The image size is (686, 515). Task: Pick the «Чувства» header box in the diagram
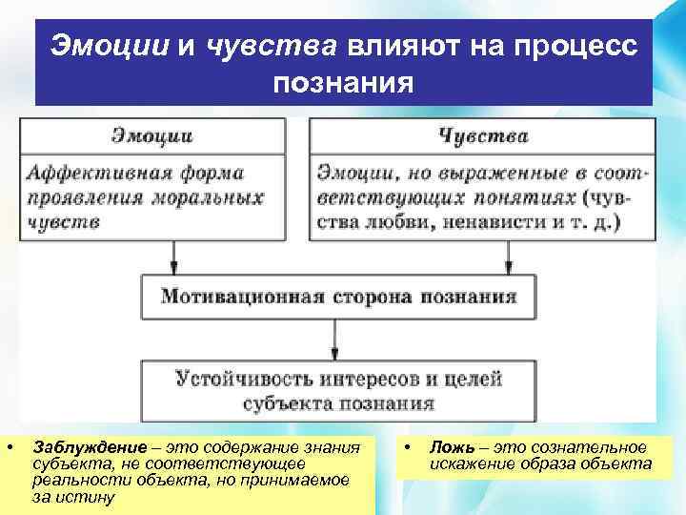[x=483, y=135]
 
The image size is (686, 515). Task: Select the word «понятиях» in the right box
[x=529, y=197]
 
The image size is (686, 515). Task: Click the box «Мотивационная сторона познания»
[x=338, y=296]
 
